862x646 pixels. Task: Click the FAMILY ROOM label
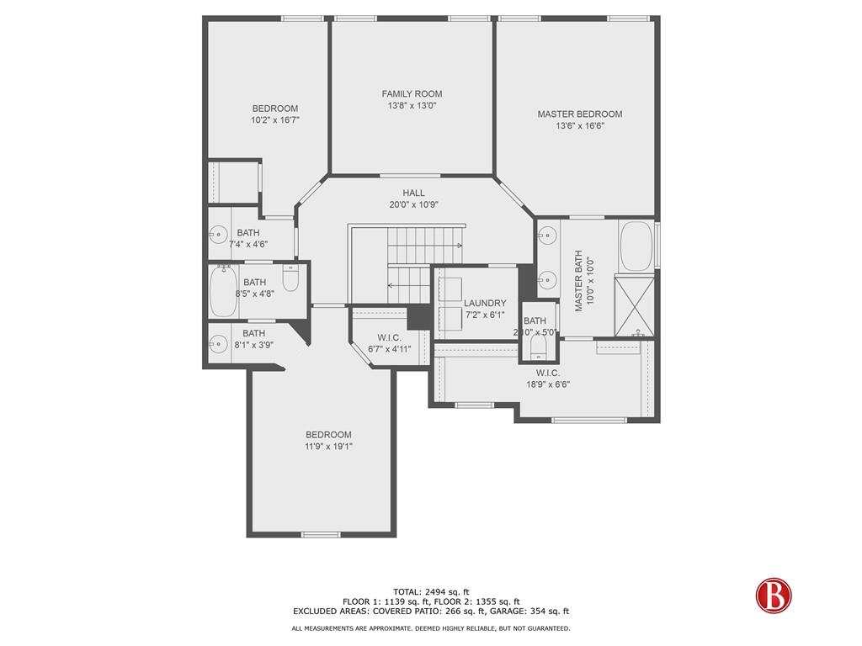tap(411, 93)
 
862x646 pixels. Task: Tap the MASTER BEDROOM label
tap(579, 114)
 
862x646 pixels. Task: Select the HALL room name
tap(413, 193)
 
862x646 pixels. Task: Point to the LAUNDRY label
tap(485, 303)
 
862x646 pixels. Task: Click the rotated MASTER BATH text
tap(579, 281)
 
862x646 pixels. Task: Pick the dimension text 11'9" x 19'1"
tap(328, 447)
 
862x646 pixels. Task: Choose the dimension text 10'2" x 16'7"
tap(275, 120)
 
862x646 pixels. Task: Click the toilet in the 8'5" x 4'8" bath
tap(290, 278)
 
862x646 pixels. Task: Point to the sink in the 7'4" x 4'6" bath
tap(219, 236)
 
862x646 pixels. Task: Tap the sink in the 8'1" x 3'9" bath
tap(219, 343)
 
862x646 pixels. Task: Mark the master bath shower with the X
tap(636, 304)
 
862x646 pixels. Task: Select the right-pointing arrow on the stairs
tap(459, 246)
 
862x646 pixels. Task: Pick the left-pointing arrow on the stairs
tap(391, 285)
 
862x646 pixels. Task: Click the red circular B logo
tap(773, 593)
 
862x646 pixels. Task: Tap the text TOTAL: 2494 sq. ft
tap(431, 591)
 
